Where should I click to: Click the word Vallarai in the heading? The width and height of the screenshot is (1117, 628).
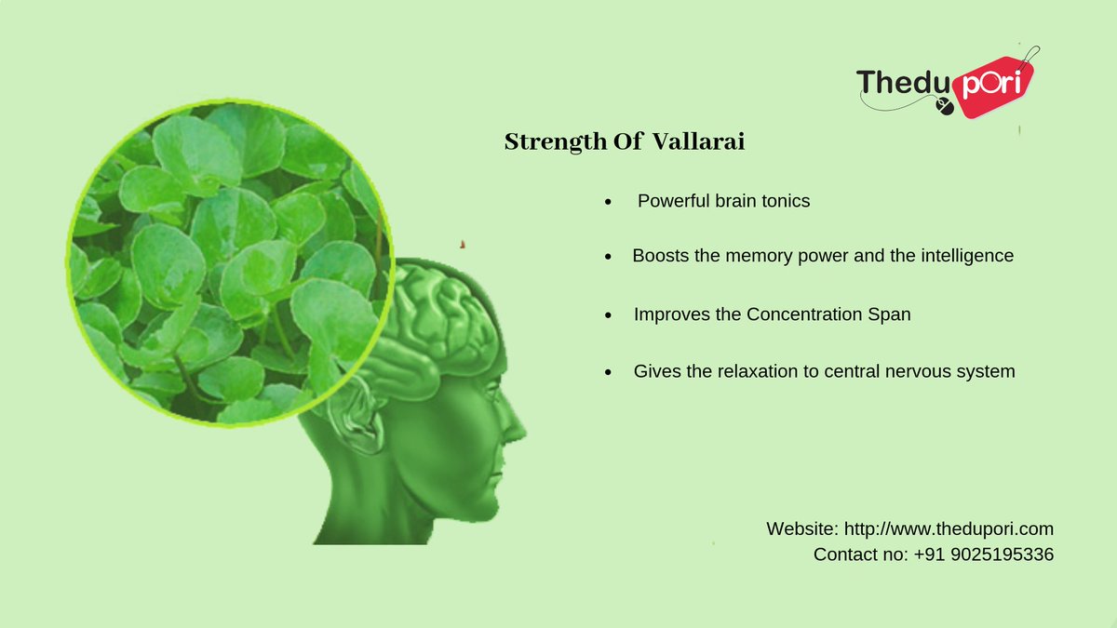(x=699, y=142)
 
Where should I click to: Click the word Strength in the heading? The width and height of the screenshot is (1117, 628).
(x=541, y=143)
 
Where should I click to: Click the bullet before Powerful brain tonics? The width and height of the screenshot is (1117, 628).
(x=608, y=202)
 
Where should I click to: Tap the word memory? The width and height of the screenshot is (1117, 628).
(x=760, y=255)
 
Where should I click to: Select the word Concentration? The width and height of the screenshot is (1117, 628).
(x=802, y=314)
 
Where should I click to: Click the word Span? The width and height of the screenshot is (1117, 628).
(x=889, y=314)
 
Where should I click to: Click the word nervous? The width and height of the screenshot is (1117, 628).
(x=923, y=371)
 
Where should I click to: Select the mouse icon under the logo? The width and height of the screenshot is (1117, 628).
(x=947, y=109)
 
